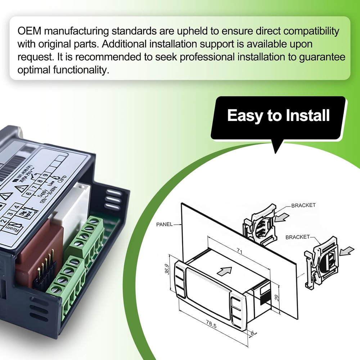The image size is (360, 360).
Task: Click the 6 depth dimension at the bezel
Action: pos(253,333)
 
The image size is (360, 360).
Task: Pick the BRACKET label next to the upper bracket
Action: pos(303,205)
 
